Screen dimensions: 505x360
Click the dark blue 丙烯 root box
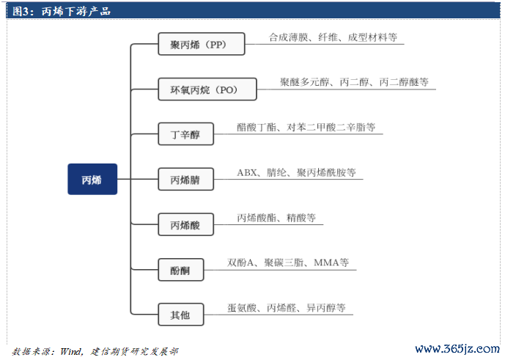[x=92, y=179]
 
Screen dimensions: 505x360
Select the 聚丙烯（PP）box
[x=202, y=44]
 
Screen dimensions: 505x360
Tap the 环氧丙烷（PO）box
[x=207, y=89]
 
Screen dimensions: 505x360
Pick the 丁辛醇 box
[x=186, y=133]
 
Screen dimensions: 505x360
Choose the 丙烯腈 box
[x=186, y=179]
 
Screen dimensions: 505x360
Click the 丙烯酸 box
[x=186, y=224]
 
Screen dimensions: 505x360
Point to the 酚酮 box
[x=181, y=270]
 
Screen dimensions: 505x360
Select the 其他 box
[x=181, y=315]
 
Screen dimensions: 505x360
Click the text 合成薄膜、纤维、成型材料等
[x=333, y=37]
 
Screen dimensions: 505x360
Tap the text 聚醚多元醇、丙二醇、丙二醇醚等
[x=354, y=82]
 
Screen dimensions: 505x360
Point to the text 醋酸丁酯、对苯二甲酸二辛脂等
[x=306, y=128]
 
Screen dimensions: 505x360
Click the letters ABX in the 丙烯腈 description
[x=247, y=173]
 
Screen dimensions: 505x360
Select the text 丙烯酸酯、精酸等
[x=276, y=218]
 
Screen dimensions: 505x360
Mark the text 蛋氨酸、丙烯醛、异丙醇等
[x=287, y=308]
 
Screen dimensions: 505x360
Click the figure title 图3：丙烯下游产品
[x=61, y=11]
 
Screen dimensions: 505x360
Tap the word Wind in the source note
[x=71, y=351]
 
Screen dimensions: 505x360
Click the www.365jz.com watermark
[x=457, y=349]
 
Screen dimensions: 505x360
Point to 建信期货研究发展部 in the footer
[x=134, y=351]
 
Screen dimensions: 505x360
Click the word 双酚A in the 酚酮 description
[x=240, y=262]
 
